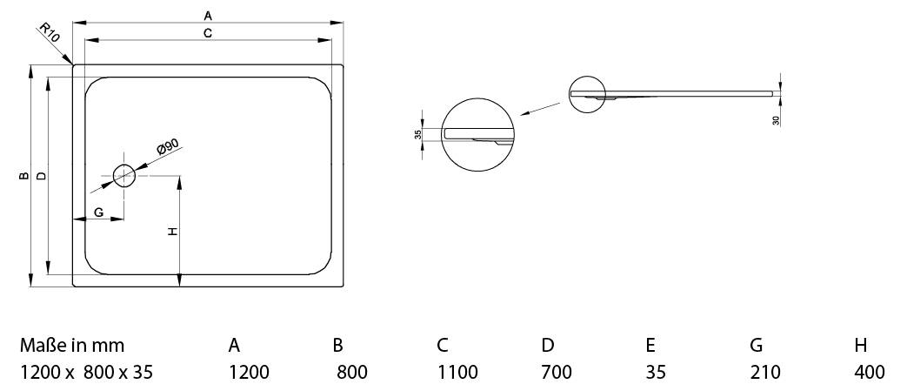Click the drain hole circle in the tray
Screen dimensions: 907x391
point(114,176)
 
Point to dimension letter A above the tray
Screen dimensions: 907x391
point(208,15)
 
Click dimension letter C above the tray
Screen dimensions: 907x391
point(208,33)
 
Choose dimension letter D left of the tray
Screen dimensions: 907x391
point(41,176)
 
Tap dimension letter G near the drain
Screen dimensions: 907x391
point(99,212)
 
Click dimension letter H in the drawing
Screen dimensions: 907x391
point(172,232)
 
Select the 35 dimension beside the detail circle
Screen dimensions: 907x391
point(418,134)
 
